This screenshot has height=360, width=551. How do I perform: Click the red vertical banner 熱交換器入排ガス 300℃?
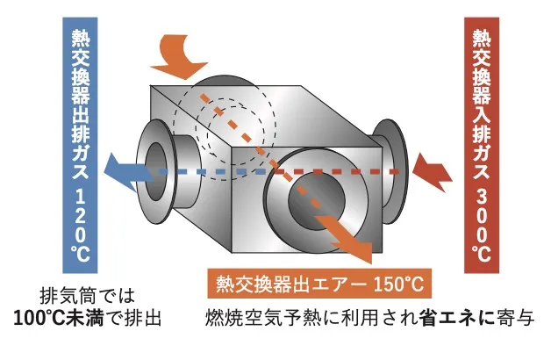tap(481, 140)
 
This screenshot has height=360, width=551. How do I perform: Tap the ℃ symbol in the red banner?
tap(481, 256)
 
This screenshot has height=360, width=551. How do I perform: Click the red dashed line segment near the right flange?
tap(369, 169)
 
